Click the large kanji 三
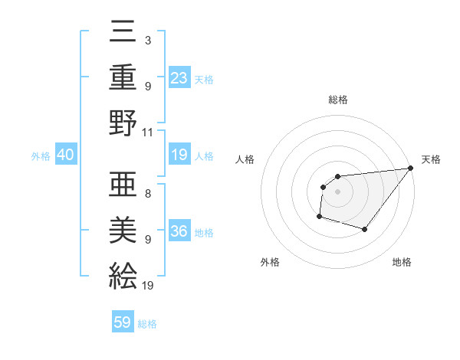click(123, 34)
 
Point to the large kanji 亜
click(123, 183)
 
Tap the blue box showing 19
click(179, 155)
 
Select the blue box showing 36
click(179, 231)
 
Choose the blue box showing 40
click(65, 155)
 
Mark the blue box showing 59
click(123, 322)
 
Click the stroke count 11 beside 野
click(148, 132)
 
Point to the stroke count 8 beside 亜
click(147, 194)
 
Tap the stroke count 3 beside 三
click(147, 41)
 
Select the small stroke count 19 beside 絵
click(148, 286)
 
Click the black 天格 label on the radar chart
click(431, 159)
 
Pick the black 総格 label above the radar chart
click(338, 100)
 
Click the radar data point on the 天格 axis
click(411, 169)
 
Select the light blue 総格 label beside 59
click(147, 324)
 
